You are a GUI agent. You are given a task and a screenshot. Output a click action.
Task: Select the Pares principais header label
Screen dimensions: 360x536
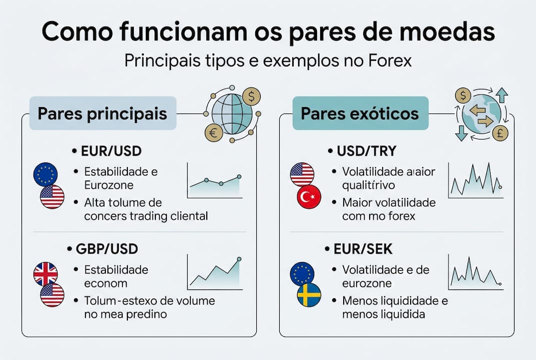click(102, 113)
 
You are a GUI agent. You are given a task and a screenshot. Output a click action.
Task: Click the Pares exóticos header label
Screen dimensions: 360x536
click(360, 113)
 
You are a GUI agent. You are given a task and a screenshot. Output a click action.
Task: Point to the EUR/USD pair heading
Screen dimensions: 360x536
click(106, 150)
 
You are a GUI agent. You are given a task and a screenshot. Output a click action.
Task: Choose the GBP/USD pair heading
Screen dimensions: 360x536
click(106, 248)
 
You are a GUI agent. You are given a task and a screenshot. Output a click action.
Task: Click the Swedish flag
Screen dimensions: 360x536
click(309, 295)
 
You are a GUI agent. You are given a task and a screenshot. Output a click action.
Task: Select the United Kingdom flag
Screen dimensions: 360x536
click(45, 273)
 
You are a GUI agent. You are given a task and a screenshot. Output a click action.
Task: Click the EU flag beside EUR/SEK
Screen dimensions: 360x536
click(302, 273)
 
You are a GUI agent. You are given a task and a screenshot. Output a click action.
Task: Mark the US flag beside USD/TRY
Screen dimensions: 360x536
click(302, 174)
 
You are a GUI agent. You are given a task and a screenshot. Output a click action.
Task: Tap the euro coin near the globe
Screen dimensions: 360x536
click(214, 132)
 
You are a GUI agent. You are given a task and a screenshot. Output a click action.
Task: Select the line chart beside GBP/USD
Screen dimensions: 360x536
click(214, 272)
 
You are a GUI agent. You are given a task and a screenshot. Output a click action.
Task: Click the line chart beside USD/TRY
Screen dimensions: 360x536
click(475, 179)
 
